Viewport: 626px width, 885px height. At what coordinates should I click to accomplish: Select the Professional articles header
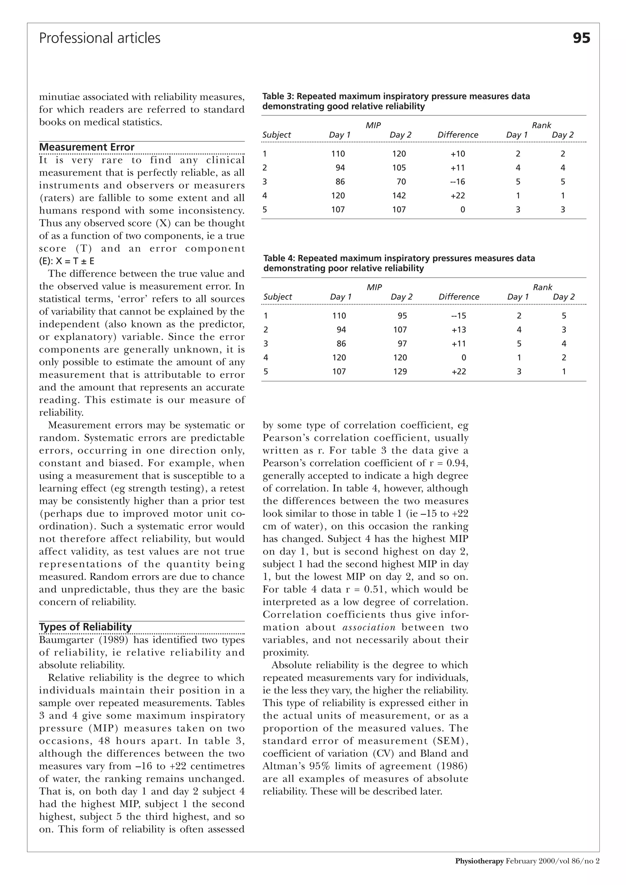pos(100,38)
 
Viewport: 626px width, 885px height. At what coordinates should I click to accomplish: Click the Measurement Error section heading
pos(87,147)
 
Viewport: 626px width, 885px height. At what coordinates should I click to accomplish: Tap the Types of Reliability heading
pos(85,627)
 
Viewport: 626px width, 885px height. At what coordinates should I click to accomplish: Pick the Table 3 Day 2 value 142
pos(399,196)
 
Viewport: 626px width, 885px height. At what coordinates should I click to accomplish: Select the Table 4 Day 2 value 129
pos(400,371)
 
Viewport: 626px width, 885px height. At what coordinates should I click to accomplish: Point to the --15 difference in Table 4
pos(459,316)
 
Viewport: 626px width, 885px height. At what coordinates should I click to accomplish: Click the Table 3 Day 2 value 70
pos(401,182)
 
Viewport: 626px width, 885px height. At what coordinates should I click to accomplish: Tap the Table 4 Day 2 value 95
pos(403,316)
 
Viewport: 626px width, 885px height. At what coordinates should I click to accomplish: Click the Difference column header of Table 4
pos(459,297)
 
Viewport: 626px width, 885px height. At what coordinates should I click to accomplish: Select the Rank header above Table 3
pos(541,125)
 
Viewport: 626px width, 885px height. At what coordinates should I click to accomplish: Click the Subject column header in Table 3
pos(277,135)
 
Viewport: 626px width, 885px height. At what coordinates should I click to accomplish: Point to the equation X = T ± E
pos(75,261)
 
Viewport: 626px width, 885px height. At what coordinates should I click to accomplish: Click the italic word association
pos(369,628)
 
